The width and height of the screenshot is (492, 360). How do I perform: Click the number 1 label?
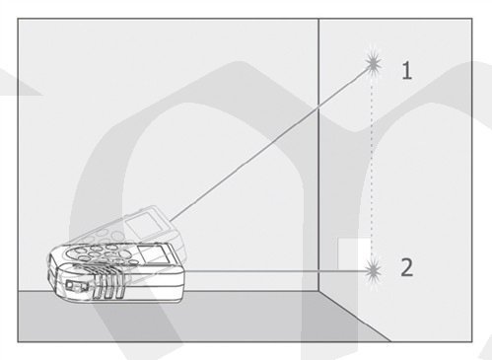[x=407, y=71]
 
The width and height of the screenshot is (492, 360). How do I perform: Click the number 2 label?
[x=407, y=267]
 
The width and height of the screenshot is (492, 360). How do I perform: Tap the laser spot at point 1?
[x=373, y=64]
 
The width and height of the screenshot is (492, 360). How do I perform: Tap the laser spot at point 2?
[x=373, y=271]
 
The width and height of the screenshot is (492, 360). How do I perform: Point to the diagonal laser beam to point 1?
[x=271, y=142]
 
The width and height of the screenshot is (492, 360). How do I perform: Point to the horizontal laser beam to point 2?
[x=276, y=271]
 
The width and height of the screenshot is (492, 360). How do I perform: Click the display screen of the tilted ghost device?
[x=144, y=225]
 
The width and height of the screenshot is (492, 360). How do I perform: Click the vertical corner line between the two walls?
[x=318, y=155]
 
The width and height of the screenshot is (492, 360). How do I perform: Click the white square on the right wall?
[x=354, y=253]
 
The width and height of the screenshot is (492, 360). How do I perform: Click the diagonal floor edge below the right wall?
[x=354, y=317]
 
